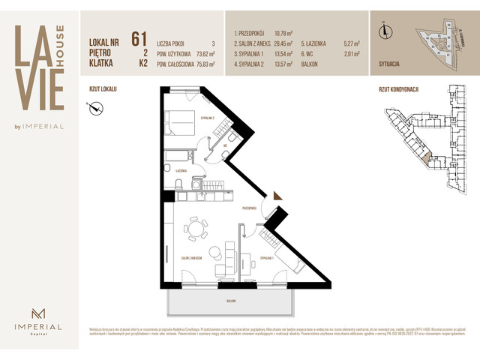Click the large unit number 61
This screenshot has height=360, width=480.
click(138, 39)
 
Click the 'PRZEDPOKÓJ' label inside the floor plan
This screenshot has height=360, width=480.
click(250, 208)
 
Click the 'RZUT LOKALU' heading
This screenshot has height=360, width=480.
click(102, 88)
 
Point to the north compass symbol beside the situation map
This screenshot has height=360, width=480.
click(385, 31)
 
